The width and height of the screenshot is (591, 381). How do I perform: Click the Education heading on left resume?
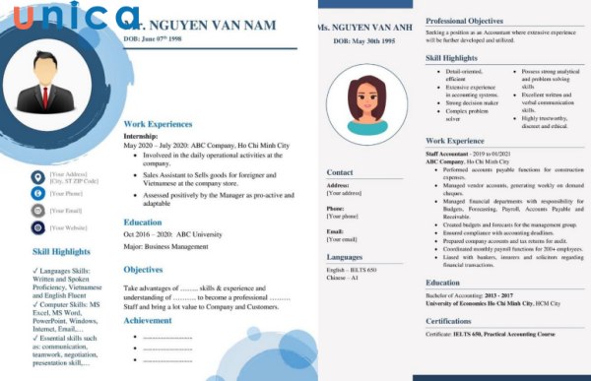(x=143, y=222)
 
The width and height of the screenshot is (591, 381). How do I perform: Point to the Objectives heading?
(x=144, y=269)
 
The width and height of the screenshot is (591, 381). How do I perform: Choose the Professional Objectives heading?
(x=473, y=21)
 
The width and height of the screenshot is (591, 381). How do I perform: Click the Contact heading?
(x=340, y=173)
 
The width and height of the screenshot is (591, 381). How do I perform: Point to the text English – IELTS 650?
(x=352, y=270)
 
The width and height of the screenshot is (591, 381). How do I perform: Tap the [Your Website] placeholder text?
(x=69, y=227)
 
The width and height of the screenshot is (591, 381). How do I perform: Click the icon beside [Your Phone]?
(x=37, y=194)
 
